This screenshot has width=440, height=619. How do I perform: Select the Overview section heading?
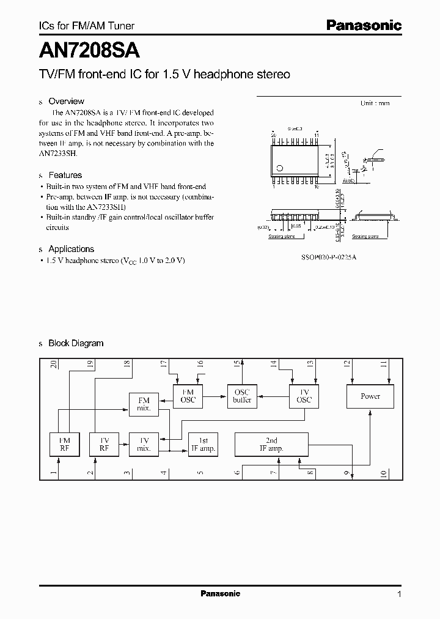[x=66, y=102]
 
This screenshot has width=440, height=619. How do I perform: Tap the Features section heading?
[x=65, y=175]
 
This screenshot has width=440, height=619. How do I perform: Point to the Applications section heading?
[x=71, y=249]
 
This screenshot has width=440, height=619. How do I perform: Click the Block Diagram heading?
[x=76, y=343]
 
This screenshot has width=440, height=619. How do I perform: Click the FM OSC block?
[x=188, y=396]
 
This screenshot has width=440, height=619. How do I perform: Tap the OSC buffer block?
[x=242, y=396]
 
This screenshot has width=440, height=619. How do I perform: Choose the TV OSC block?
[x=304, y=396]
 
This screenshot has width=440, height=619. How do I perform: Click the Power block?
[x=370, y=396]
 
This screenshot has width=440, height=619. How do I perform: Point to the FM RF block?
[x=64, y=445]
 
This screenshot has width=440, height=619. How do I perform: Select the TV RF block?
[x=104, y=445]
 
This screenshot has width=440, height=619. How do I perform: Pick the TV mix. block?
[x=144, y=445]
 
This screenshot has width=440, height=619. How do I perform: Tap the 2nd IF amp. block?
[x=272, y=445]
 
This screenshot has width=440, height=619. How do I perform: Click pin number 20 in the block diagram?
[x=54, y=364]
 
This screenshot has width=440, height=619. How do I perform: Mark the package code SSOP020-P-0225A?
[x=329, y=258]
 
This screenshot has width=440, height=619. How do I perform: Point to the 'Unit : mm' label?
[x=375, y=103]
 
